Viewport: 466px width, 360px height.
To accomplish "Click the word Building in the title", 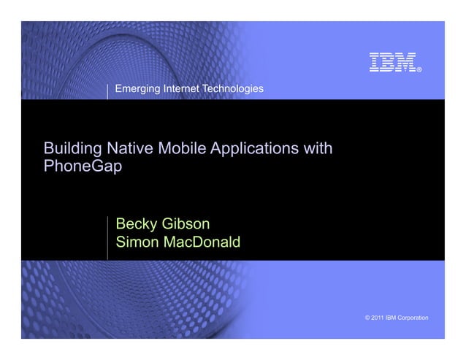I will coord(75,150).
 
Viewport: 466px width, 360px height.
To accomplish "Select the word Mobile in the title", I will coord(182,150).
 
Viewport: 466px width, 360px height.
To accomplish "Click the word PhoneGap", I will coord(83,166).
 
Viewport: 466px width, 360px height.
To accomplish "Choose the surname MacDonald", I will coord(204,241).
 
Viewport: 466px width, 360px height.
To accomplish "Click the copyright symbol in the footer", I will coord(366,319).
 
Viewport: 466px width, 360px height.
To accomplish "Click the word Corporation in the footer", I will coord(414,319).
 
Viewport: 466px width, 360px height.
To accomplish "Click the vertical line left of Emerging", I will coord(108,90).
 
